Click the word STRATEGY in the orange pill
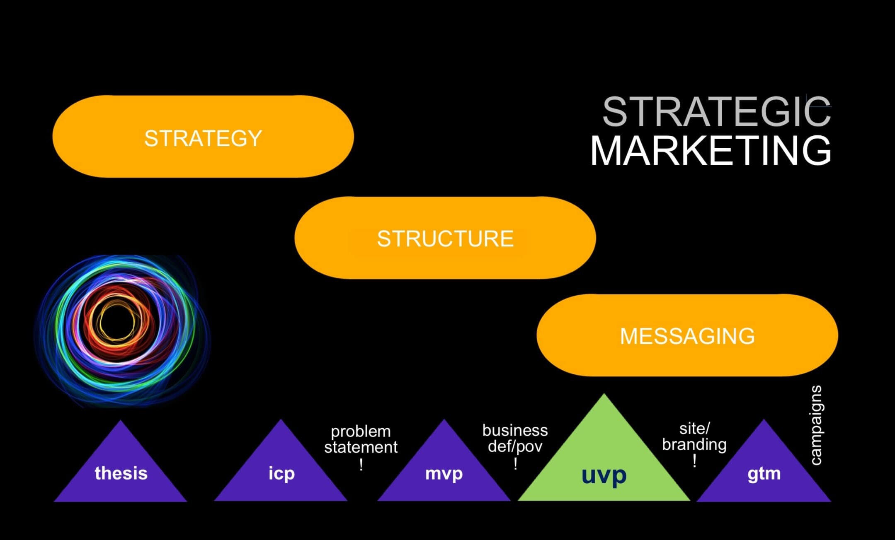pos(203,138)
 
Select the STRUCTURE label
pos(445,239)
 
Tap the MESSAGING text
pos(687,336)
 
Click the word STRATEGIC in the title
pos(716,112)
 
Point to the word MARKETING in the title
pos(711,150)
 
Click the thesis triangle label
pos(121,473)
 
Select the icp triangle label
pos(281,473)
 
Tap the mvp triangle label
pos(444,473)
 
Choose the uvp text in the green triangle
pos(604,475)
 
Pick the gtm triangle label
pos(764,473)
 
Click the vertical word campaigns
pos(815,425)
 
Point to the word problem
pos(361,432)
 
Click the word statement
pos(361,447)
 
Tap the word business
pos(515,430)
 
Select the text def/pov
pos(515,446)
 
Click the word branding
pos(694,444)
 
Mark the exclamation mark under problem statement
pos(361,465)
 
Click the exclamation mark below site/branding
pos(694,461)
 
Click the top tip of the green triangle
pos(604,395)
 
